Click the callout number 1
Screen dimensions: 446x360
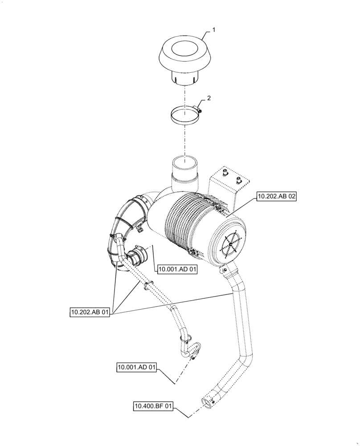(213, 29)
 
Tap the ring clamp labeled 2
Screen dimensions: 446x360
(183, 116)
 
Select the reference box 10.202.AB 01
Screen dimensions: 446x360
(90, 313)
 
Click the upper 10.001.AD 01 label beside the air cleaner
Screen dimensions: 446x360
(176, 269)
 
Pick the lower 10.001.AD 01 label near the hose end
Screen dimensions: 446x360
(137, 368)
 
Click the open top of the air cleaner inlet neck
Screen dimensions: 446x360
(184, 161)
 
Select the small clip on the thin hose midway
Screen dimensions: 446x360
(148, 284)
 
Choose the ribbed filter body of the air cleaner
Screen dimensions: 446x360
(187, 223)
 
